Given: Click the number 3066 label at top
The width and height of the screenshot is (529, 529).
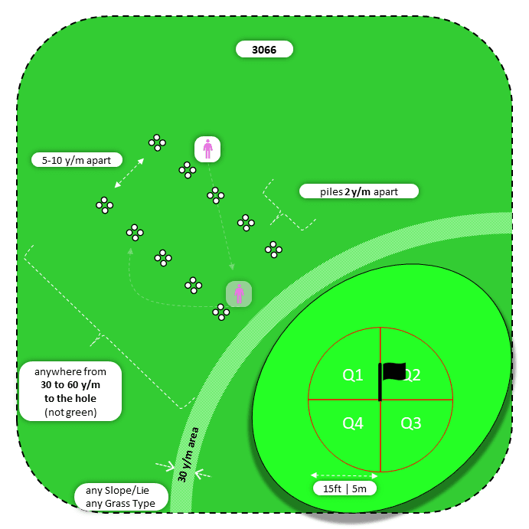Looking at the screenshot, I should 264,50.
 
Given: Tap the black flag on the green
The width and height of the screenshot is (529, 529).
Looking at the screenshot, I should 393,371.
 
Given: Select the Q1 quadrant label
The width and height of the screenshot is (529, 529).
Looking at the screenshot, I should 353,375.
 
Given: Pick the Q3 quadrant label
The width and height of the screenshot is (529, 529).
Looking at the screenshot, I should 411,423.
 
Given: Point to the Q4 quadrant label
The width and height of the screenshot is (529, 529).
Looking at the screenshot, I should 353,423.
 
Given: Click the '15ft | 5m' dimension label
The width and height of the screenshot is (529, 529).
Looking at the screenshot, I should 344,488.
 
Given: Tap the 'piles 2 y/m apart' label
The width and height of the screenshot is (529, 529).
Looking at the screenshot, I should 359,191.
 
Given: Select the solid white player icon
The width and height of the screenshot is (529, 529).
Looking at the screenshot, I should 207,149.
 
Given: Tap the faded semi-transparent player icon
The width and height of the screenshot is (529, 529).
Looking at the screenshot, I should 239,293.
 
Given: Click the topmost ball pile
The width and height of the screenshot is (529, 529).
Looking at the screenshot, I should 157,142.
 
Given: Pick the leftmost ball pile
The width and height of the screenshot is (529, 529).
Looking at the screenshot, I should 105,204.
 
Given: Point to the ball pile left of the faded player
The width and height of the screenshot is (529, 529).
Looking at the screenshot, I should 220,312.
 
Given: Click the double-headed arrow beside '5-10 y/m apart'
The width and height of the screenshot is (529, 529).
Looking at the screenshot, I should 129,173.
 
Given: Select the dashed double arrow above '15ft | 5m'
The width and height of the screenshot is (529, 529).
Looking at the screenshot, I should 344,475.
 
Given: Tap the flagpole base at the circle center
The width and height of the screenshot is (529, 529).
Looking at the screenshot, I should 380,398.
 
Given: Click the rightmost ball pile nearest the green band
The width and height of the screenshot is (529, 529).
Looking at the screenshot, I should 273,249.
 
